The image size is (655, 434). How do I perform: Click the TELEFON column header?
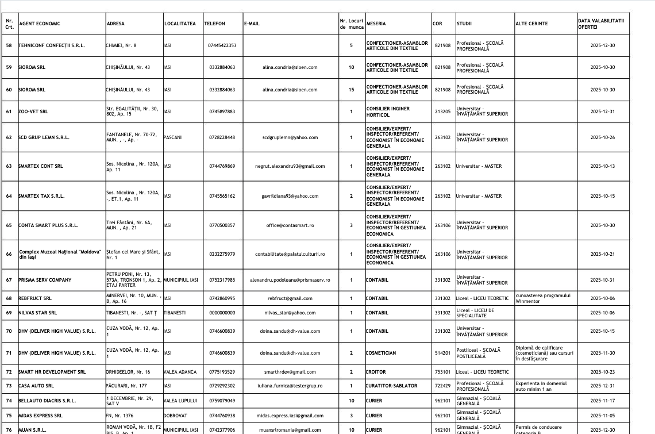[x=214, y=24]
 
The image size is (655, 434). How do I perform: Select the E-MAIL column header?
[x=252, y=24]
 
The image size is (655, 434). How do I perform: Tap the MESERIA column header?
[x=376, y=24]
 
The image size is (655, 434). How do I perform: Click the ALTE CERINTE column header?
[x=531, y=24]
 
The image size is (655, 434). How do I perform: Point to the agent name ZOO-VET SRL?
[x=33, y=112]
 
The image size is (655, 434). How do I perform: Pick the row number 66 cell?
[x=9, y=254]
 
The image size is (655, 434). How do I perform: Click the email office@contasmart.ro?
[x=290, y=225]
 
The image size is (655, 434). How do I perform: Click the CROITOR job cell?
[x=376, y=372]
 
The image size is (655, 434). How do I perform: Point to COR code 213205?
[x=442, y=112]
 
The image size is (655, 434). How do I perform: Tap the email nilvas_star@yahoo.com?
[x=290, y=313]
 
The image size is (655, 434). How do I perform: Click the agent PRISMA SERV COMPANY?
[x=45, y=280]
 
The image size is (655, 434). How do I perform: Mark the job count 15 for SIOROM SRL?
[x=351, y=90]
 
